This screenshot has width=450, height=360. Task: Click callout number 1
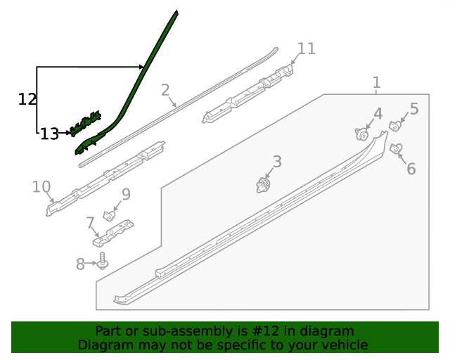pos(377,83)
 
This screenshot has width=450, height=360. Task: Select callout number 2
pos(165,90)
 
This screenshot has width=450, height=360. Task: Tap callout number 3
pos(277,162)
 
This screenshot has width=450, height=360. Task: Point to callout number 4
pos(378,113)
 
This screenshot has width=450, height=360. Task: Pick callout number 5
pos(414,108)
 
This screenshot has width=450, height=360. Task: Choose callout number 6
pos(411,169)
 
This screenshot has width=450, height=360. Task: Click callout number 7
pos(91,224)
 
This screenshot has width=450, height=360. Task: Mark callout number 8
pos(80,264)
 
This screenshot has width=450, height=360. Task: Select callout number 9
pos(126,194)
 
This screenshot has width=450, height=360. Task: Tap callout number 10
pos(41,187)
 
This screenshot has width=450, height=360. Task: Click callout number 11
pos(307,49)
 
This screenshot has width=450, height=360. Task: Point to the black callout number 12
pos(27,99)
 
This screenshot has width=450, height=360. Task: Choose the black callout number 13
pos(49,134)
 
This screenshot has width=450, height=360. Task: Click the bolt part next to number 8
pos(103,262)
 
